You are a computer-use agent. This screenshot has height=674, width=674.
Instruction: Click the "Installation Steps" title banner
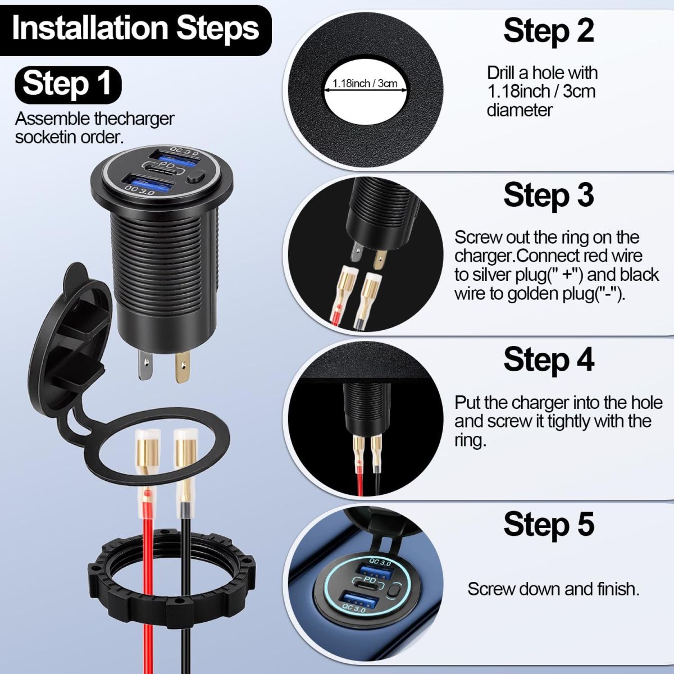135,30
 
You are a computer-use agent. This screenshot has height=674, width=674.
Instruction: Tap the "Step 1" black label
68,85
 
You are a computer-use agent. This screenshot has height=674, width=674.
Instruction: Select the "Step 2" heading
549,31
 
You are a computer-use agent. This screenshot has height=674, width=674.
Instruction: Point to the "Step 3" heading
549,195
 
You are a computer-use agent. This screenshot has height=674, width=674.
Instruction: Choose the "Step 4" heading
549,360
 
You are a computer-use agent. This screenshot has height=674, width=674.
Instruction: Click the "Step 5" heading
549,524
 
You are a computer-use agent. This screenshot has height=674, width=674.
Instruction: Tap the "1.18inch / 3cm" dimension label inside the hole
365,84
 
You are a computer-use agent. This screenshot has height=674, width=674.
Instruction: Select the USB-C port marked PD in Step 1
162,170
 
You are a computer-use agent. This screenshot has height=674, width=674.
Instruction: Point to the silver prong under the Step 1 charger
145,365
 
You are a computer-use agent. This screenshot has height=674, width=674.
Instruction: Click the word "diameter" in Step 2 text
520,111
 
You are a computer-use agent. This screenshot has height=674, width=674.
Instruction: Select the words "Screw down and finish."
553,589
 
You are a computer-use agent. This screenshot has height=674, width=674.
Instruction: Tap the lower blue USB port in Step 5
361,599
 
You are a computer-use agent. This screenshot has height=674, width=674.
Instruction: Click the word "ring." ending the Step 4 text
471,440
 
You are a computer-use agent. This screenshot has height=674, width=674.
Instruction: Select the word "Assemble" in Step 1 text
52,119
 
